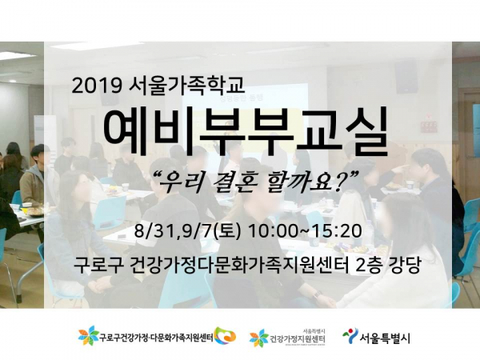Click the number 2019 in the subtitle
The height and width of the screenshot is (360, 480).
point(95,86)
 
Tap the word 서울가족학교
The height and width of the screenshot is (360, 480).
point(187,86)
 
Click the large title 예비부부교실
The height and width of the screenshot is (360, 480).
point(246,133)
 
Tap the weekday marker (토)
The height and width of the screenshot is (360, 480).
point(226,232)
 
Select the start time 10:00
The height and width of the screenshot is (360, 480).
point(273,231)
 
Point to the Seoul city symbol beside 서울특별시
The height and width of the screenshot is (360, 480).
point(350,335)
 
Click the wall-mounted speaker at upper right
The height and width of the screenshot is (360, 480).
point(406,77)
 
